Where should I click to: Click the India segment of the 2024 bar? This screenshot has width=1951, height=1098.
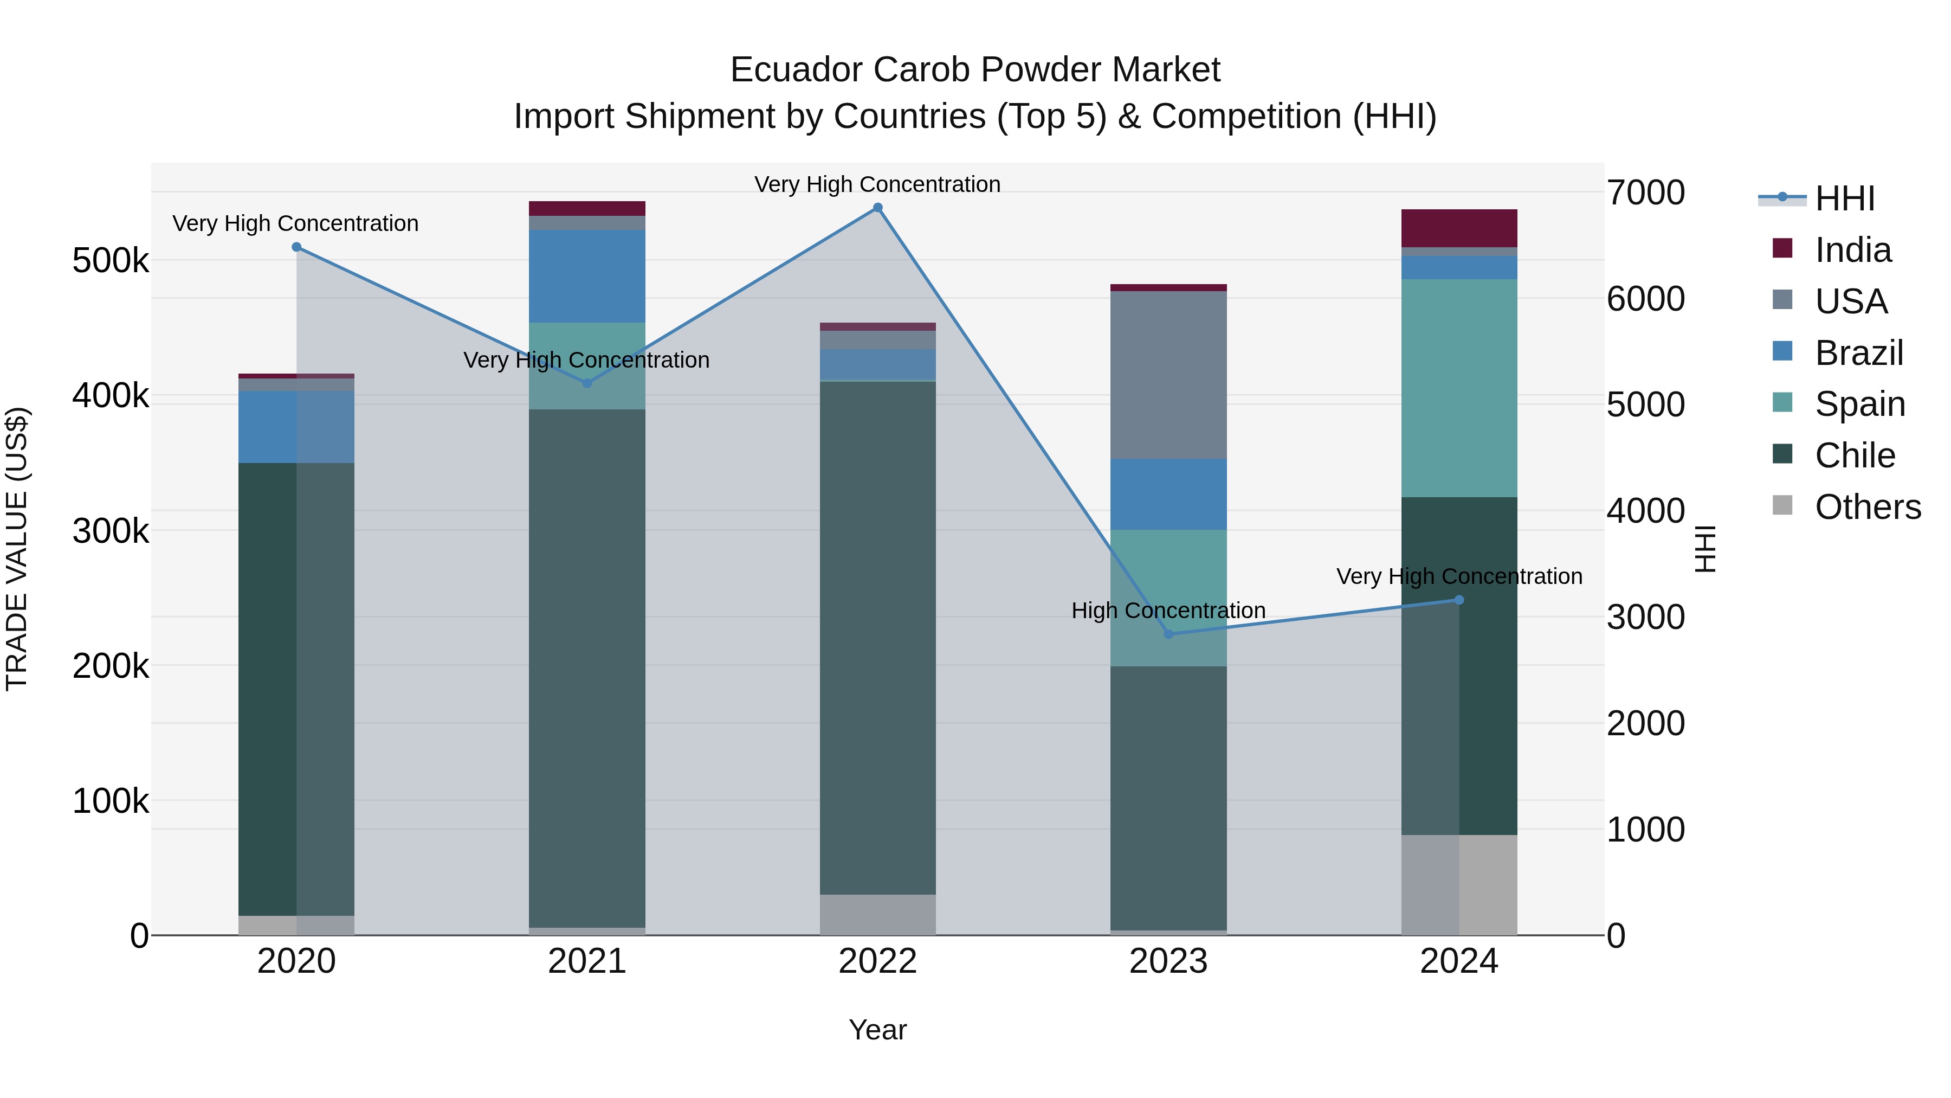1459,228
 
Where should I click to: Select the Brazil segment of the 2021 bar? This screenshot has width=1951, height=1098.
586,276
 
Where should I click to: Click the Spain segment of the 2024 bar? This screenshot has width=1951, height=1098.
1459,388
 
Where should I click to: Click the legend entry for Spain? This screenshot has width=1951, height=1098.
1859,404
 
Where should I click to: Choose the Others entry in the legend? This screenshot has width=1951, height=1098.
1867,507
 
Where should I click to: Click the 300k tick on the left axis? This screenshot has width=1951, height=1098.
111,531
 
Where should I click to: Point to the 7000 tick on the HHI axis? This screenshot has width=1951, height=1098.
1646,192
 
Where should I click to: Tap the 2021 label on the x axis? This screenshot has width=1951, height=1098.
586,961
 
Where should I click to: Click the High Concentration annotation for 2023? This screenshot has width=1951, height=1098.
1168,610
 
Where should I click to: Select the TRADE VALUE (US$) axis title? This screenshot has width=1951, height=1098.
17,549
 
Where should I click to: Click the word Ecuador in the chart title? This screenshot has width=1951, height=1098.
794,70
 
